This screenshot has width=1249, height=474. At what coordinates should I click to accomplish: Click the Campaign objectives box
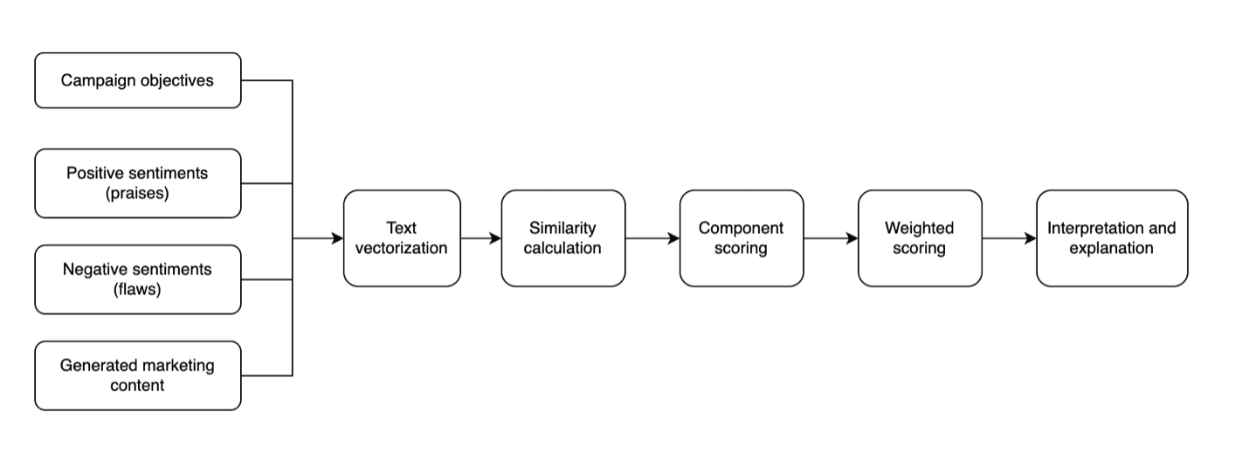(137, 80)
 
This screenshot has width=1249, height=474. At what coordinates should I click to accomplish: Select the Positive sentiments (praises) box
(137, 183)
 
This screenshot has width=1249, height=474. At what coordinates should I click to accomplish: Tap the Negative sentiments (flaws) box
(137, 279)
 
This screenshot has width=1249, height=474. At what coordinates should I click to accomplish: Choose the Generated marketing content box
(137, 375)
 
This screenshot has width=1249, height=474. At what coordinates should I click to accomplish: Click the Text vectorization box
(402, 238)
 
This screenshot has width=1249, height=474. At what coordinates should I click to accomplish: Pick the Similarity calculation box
(562, 238)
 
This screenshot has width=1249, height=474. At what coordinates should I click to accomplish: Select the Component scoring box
(741, 238)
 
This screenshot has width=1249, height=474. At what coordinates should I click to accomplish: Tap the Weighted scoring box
(919, 238)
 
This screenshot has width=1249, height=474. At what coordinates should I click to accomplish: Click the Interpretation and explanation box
(1111, 238)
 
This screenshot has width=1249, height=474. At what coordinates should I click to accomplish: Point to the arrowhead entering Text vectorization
(337, 238)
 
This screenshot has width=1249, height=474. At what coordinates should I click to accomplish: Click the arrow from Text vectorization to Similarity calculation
(480, 238)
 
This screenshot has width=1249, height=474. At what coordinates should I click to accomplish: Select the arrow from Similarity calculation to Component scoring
(652, 238)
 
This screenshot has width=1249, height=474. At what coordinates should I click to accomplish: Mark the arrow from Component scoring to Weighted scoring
(830, 238)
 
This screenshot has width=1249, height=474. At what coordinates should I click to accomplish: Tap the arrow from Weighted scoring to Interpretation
(1009, 238)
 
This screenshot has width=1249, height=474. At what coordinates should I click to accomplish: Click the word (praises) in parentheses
(137, 194)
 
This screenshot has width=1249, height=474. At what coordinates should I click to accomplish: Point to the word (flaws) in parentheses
(137, 290)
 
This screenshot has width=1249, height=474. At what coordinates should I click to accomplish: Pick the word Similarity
(562, 228)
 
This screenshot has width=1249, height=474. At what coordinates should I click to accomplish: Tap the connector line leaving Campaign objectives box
(266, 80)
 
